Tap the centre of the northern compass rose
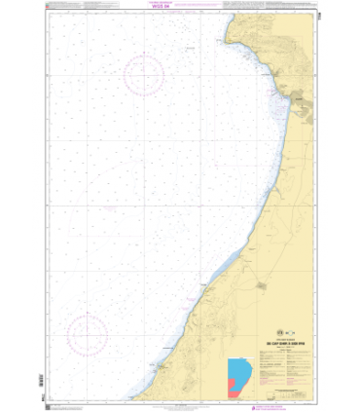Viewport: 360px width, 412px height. click(x=142, y=72)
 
